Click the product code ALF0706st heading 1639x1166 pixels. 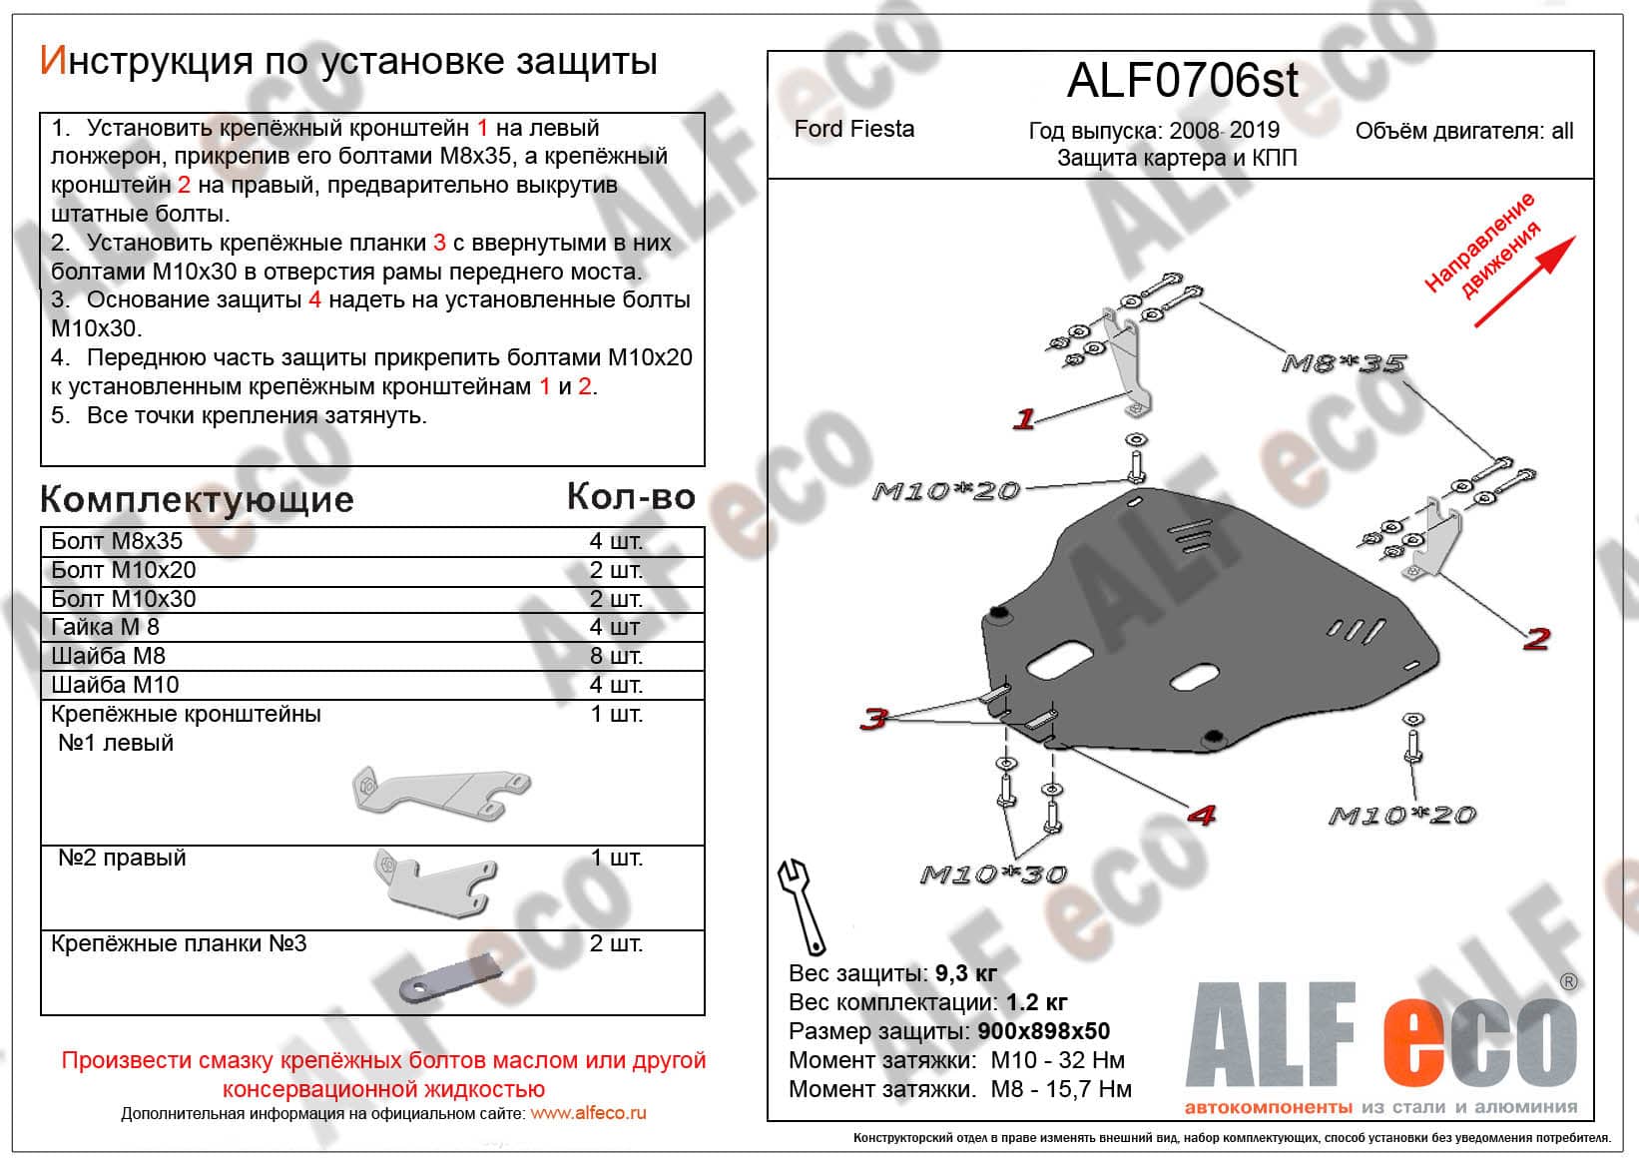coord(1183,81)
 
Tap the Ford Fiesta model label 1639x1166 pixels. coord(853,129)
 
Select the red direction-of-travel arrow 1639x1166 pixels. coord(1525,282)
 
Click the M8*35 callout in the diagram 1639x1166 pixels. coord(1344,363)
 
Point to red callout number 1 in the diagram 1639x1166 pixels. coord(1024,418)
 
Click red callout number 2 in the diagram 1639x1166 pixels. coord(1536,639)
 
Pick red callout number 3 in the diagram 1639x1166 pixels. coord(874,718)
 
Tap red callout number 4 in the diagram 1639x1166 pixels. coord(1202,815)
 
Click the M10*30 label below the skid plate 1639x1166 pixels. coord(993,874)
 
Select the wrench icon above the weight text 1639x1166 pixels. coord(802,906)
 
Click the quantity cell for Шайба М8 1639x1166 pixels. coord(616,656)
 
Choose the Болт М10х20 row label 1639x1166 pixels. coord(124,569)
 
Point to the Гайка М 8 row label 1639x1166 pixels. coord(105,627)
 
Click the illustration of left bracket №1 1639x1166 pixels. coord(441,793)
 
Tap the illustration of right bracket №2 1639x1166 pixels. coord(436,882)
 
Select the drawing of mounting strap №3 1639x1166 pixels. coord(451,978)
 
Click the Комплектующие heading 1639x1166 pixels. coord(197,500)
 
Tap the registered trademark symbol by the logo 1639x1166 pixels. coord(1569,982)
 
